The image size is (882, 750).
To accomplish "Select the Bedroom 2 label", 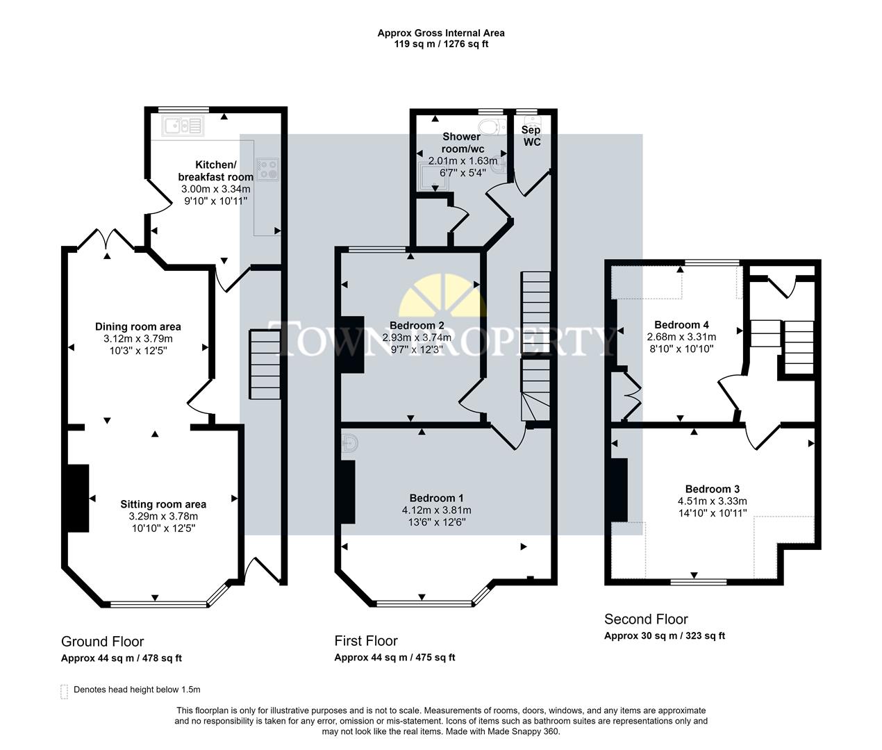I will click(x=417, y=325).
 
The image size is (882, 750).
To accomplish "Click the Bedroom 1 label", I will click(x=436, y=498).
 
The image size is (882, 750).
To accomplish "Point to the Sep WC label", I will click(x=531, y=136).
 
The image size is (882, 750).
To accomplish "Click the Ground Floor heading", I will click(x=103, y=642).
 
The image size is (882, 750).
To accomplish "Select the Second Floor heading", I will click(x=646, y=619).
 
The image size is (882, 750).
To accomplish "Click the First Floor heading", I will click(x=366, y=641).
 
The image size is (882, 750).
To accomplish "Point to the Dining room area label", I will click(x=138, y=326).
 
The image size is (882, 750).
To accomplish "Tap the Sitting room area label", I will click(x=163, y=504).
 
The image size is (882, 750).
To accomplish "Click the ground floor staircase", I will click(x=265, y=365).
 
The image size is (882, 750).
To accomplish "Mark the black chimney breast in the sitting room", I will click(x=77, y=499).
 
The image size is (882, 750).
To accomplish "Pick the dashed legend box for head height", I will click(x=65, y=690).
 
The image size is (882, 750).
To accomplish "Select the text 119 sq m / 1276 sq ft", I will click(x=441, y=44).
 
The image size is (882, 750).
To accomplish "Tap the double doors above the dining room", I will click(x=106, y=239).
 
